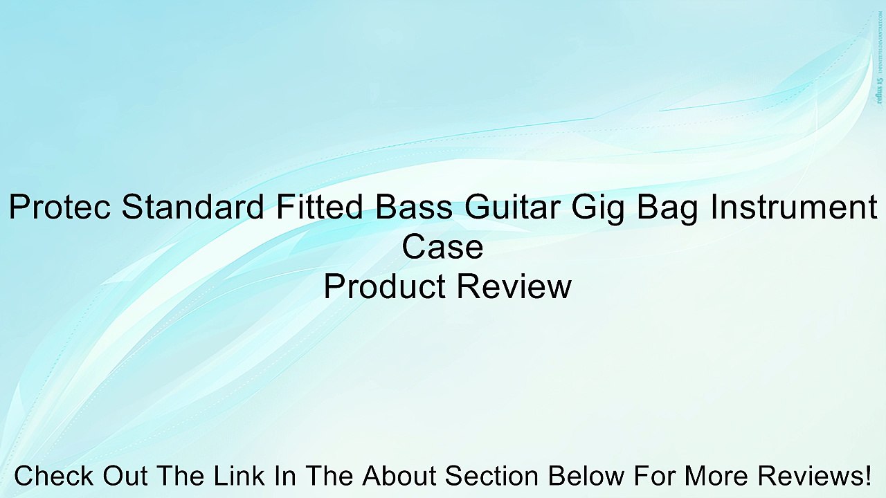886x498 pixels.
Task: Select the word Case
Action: [x=442, y=247]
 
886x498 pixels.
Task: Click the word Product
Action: [x=383, y=286]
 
